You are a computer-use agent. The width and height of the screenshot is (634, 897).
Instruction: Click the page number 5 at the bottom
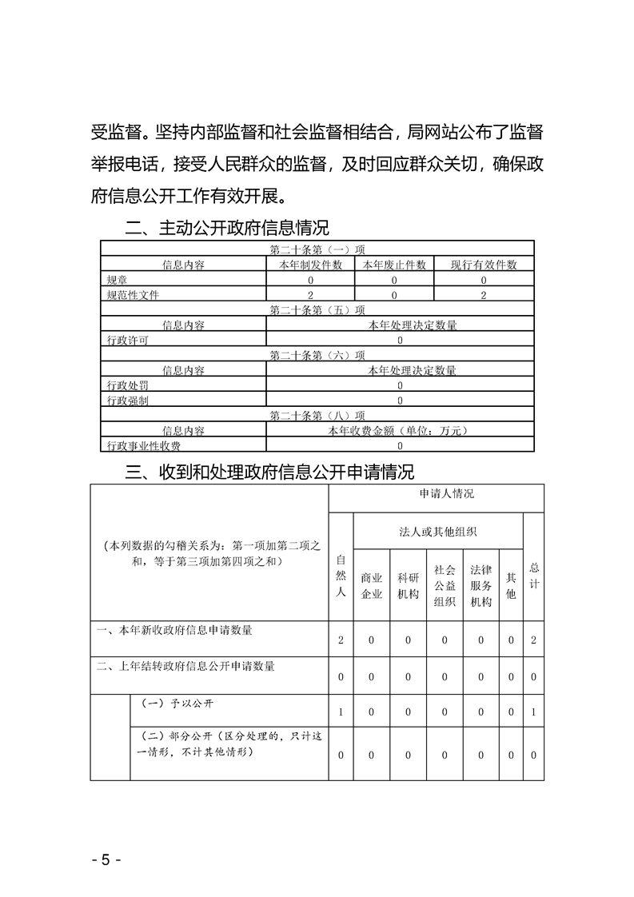click(x=106, y=860)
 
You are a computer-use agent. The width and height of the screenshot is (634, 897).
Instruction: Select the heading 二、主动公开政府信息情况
click(x=227, y=228)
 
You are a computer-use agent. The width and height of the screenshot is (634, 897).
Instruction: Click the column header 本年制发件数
click(x=310, y=265)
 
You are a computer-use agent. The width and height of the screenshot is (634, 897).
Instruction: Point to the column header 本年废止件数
click(x=394, y=265)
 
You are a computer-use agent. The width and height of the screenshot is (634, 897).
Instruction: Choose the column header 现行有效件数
click(x=484, y=265)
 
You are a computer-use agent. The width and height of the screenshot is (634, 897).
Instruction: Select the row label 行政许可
click(x=127, y=340)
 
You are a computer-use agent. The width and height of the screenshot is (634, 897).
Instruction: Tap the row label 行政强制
click(x=127, y=401)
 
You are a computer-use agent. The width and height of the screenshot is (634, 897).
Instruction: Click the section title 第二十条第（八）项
click(x=317, y=416)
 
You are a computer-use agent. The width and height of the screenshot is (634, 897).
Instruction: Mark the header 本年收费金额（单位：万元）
click(x=400, y=431)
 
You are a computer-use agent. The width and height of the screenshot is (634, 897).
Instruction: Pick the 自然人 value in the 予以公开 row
click(x=341, y=712)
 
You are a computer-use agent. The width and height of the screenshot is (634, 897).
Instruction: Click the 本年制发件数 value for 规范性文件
click(x=310, y=295)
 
